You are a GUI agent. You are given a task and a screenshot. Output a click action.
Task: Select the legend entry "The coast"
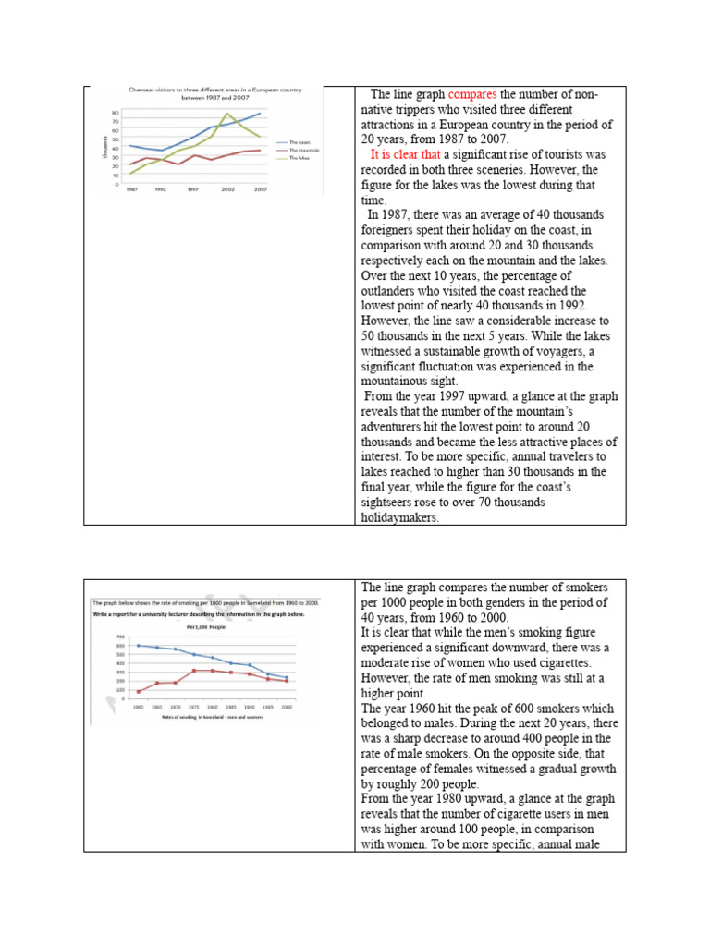(300, 142)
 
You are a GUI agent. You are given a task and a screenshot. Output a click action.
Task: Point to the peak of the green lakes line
(227, 114)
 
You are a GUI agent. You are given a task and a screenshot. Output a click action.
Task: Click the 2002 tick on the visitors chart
(226, 189)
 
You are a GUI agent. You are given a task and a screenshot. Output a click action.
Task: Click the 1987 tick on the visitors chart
(133, 189)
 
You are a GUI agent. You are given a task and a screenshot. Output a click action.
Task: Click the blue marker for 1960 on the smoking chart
(139, 645)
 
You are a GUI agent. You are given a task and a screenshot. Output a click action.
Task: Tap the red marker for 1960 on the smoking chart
(139, 691)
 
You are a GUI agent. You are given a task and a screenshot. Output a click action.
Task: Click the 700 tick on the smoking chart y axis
(120, 637)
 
